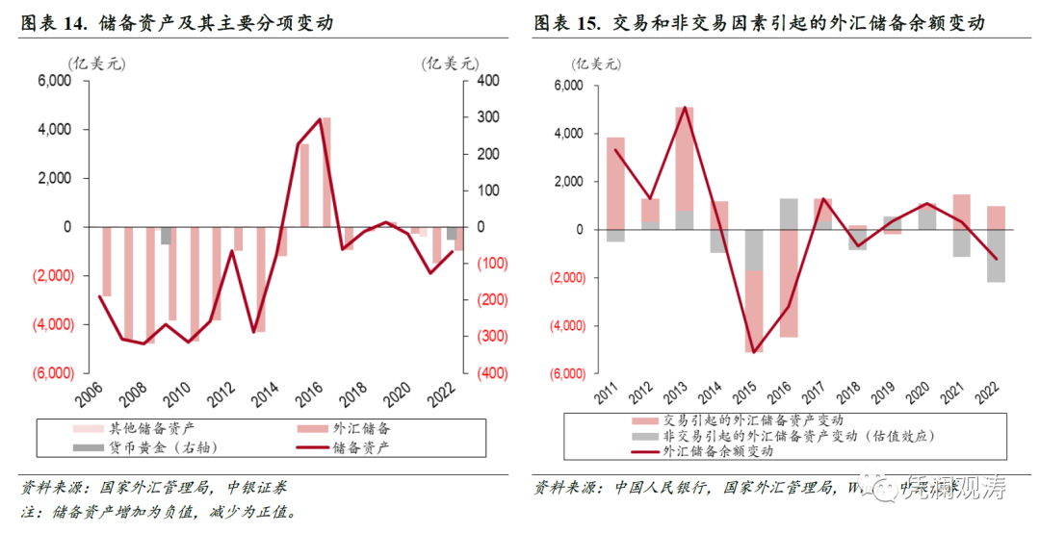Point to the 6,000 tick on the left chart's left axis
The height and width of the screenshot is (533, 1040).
click(54, 82)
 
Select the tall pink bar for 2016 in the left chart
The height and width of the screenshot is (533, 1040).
click(326, 172)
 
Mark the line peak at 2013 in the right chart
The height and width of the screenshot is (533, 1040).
click(685, 107)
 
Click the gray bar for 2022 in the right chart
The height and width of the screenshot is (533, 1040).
click(996, 256)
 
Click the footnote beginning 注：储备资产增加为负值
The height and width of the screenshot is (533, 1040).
click(159, 512)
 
